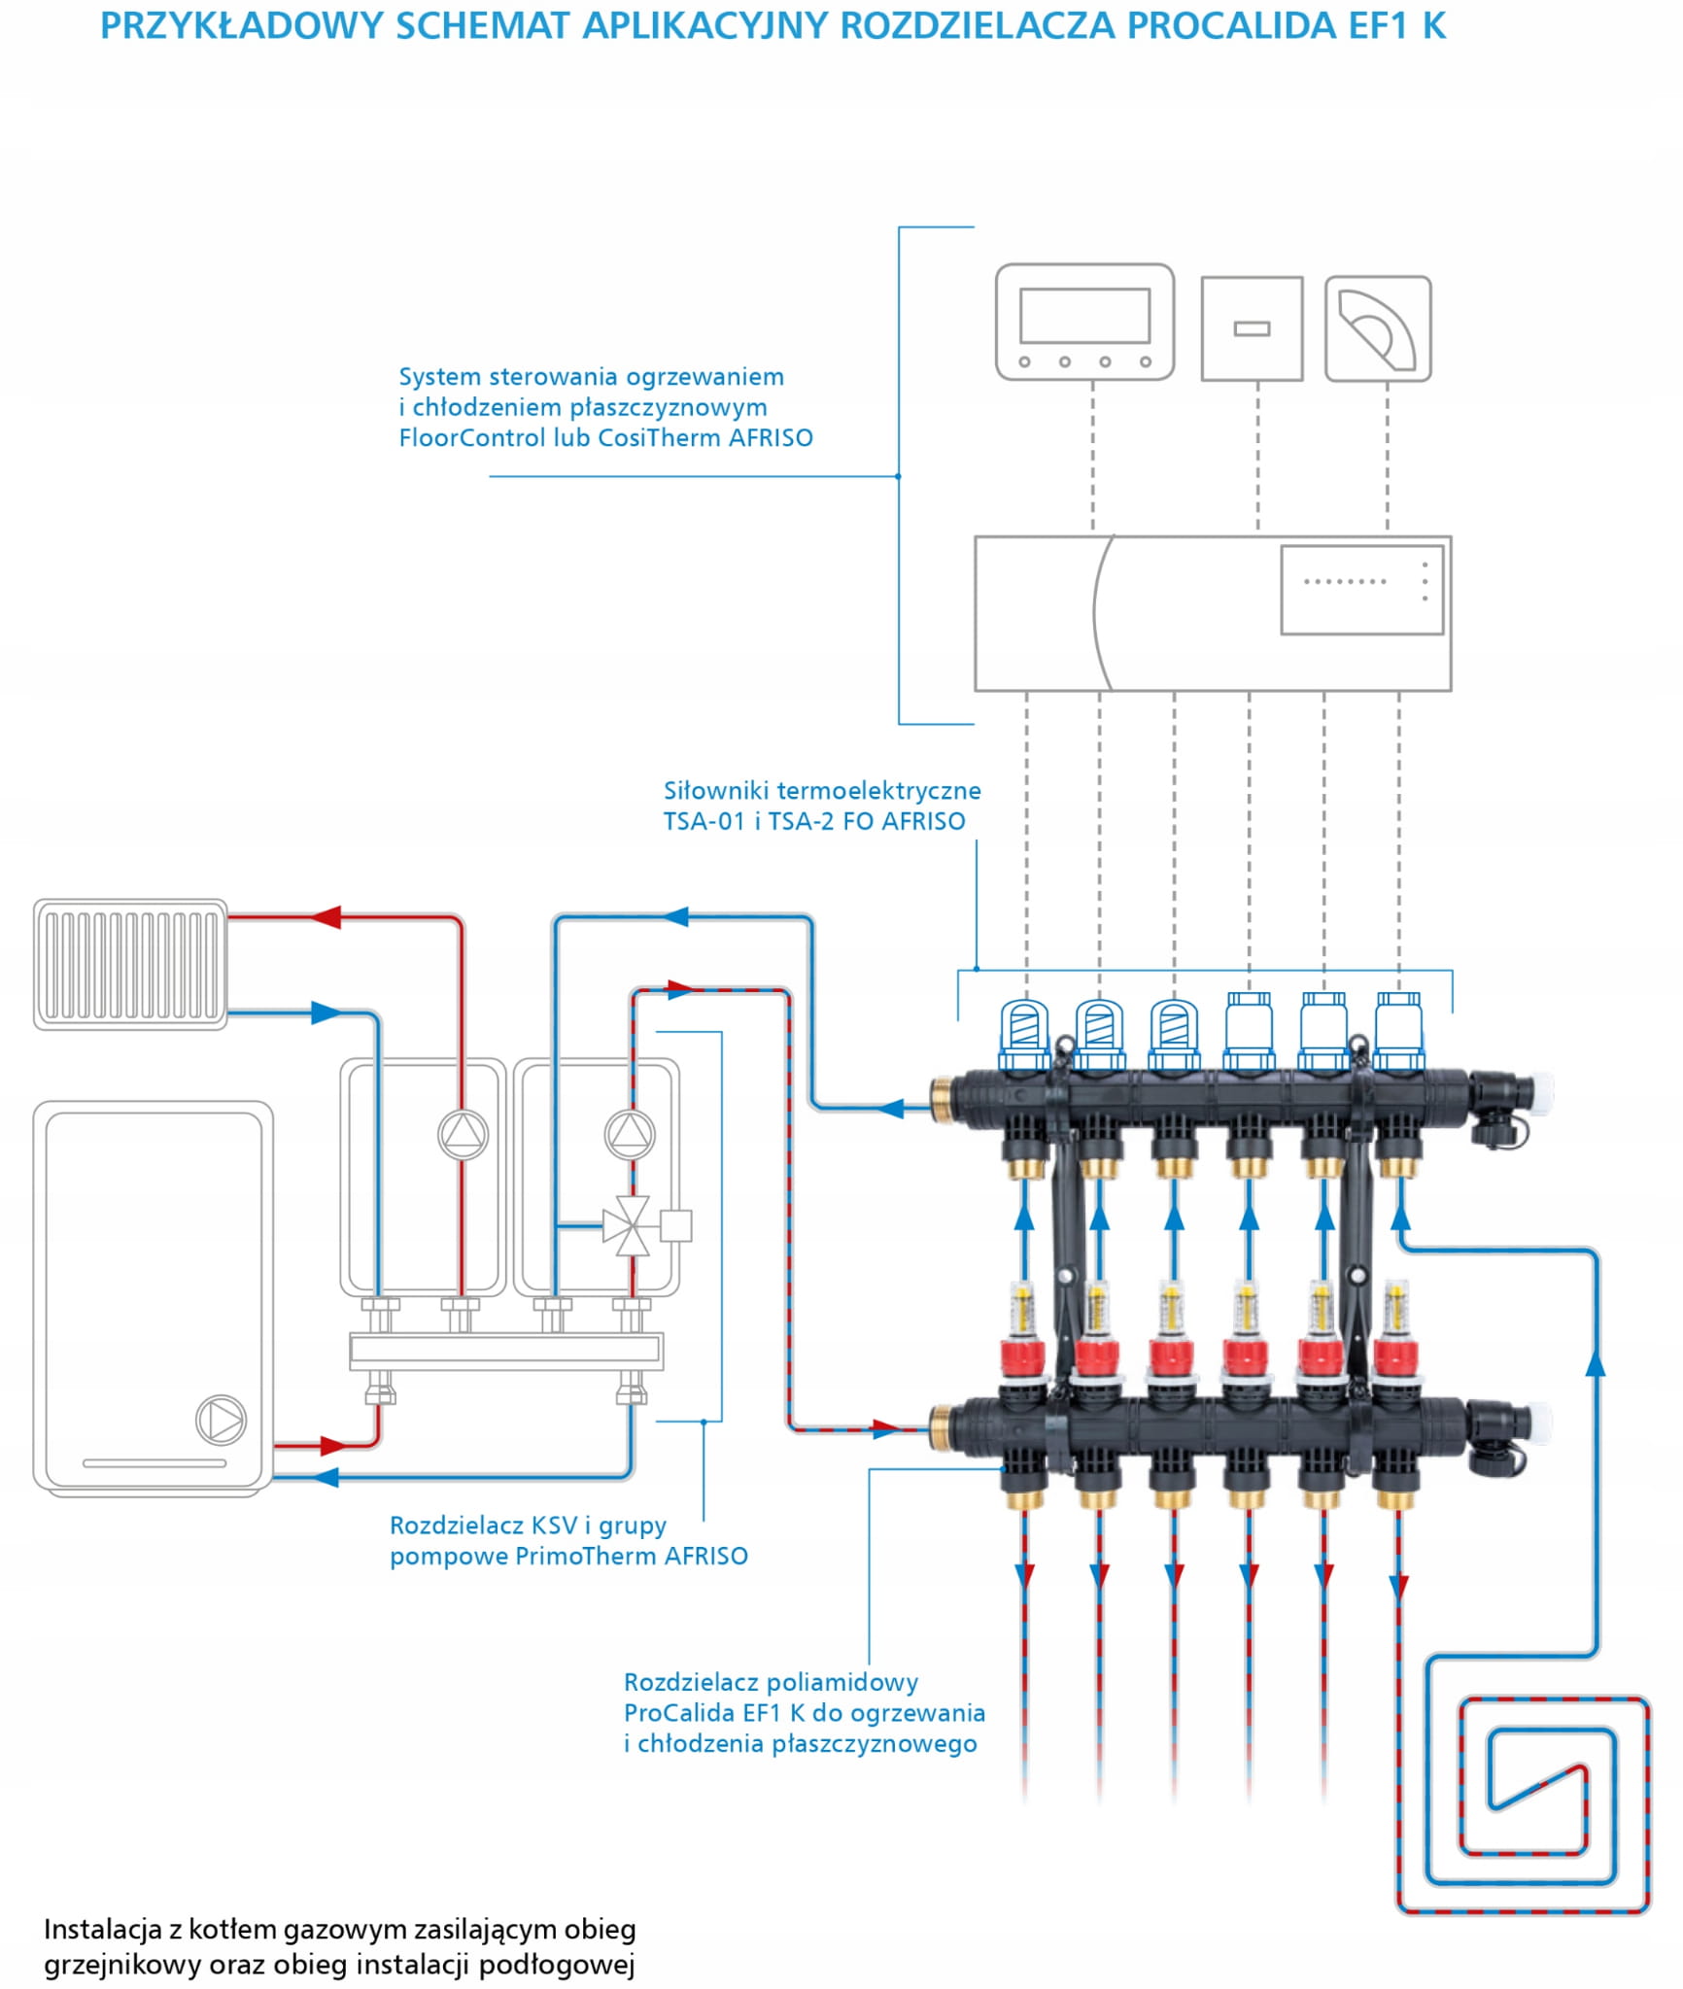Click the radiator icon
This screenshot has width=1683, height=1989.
[130, 963]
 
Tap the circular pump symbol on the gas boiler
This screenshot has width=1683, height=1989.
[221, 1420]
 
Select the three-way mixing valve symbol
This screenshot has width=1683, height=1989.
[631, 1225]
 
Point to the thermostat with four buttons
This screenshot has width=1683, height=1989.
[1084, 322]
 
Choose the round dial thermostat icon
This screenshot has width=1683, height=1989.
[1378, 328]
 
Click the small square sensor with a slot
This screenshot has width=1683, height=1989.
[1252, 328]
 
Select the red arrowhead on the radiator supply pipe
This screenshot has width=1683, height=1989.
[326, 916]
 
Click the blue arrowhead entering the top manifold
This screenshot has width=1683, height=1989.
[891, 1108]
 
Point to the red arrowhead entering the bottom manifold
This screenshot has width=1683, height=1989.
[885, 1428]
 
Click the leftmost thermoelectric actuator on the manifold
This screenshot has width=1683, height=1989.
[1025, 1032]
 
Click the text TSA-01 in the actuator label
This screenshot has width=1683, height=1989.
[704, 822]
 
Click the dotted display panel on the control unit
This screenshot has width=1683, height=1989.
[1361, 590]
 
